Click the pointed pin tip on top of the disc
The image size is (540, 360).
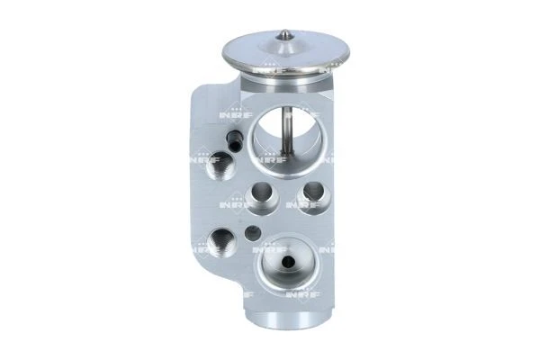coord(284,34)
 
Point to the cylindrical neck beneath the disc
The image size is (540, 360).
coord(284,84)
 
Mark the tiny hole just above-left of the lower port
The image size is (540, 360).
coord(252,233)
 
